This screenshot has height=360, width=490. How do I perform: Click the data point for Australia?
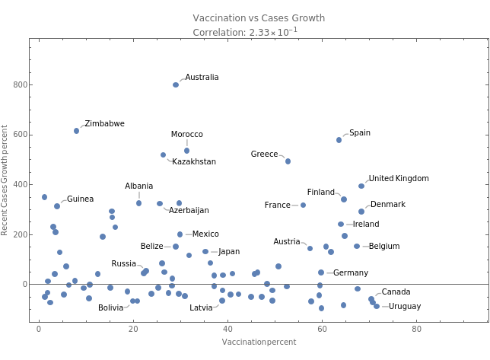coord(176,84)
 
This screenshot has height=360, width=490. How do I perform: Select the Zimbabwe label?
coord(105,124)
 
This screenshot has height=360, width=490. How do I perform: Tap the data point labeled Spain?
coord(339,140)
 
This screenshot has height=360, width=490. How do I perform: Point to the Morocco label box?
coord(186,135)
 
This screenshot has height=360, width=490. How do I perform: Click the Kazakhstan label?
coord(194,162)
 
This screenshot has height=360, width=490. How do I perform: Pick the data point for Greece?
coord(288,161)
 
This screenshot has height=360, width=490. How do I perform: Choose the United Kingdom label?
coord(398,179)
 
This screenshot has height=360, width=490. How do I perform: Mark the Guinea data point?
coord(57,206)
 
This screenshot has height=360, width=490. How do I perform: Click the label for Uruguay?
coord(404,307)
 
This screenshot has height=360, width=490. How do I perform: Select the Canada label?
coord(396,292)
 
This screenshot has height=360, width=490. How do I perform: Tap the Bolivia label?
coord(110,308)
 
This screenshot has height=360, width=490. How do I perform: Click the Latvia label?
coord(202,308)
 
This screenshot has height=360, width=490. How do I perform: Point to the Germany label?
coord(351,273)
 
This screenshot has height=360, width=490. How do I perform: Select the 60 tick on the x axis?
coord(321,330)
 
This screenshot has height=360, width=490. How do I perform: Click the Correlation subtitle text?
coord(246,32)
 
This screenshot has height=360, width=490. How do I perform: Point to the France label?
coord(278,205)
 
